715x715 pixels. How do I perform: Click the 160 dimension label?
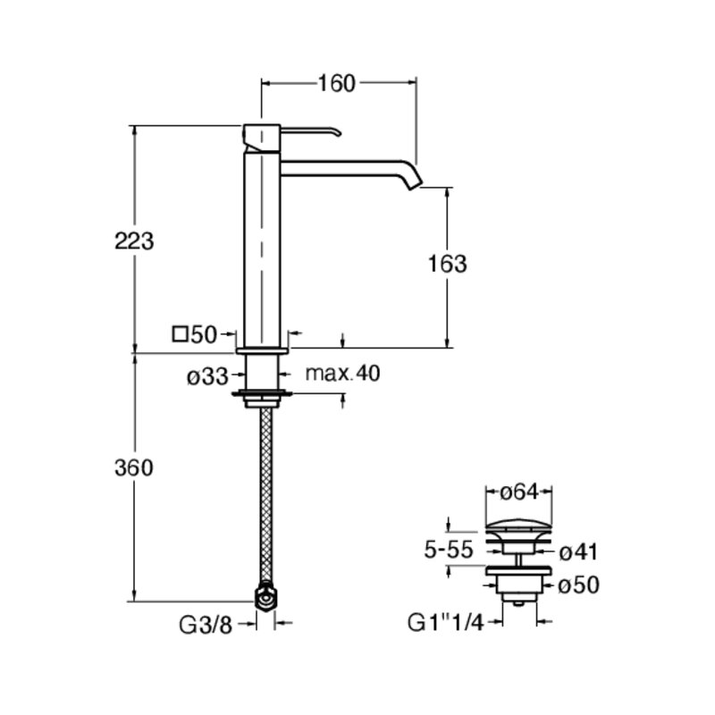pyautogui.click(x=336, y=83)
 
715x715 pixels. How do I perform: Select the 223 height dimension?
pyautogui.click(x=134, y=240)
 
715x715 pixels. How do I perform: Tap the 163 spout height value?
pyautogui.click(x=448, y=264)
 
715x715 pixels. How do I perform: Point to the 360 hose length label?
pyautogui.click(x=133, y=467)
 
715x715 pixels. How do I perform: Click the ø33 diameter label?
pyautogui.click(x=207, y=376)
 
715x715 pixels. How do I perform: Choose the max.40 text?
pyautogui.click(x=342, y=373)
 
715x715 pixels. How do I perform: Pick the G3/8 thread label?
pyautogui.click(x=206, y=625)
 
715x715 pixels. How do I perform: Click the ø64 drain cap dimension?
pyautogui.click(x=519, y=492)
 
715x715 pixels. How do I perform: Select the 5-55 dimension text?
pyautogui.click(x=449, y=550)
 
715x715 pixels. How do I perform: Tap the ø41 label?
pyautogui.click(x=578, y=552)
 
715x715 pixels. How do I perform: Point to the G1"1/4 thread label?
pyautogui.click(x=445, y=623)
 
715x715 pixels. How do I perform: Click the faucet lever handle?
pyautogui.click(x=310, y=131)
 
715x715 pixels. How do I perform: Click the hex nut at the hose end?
pyautogui.click(x=265, y=596)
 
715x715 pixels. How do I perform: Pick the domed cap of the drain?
pyautogui.click(x=519, y=526)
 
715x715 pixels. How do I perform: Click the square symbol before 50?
pyautogui.click(x=181, y=334)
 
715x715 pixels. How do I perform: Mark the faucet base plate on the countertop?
pyautogui.click(x=262, y=350)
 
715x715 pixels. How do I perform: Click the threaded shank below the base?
pyautogui.click(x=262, y=372)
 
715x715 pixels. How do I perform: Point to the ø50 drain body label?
pyautogui.click(x=578, y=586)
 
